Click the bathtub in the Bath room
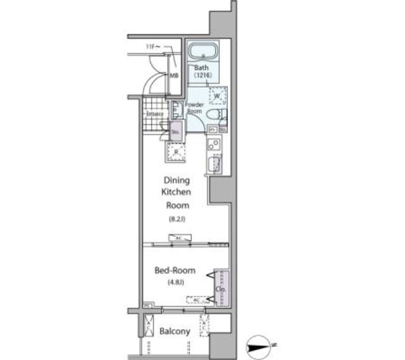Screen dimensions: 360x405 click(203, 51)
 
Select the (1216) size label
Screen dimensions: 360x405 click(202, 75)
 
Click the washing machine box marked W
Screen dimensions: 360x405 click(218, 96)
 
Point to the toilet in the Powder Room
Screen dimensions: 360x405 click(214, 115)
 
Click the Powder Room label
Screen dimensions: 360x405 click(194, 108)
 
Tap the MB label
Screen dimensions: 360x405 click(173, 76)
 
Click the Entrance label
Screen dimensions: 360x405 click(155, 114)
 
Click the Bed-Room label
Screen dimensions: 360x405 click(175, 270)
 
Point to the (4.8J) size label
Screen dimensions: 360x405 click(177, 282)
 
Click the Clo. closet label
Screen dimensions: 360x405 click(221, 289)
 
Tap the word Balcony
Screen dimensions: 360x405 click(175, 332)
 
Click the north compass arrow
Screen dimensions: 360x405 click(261, 345)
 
